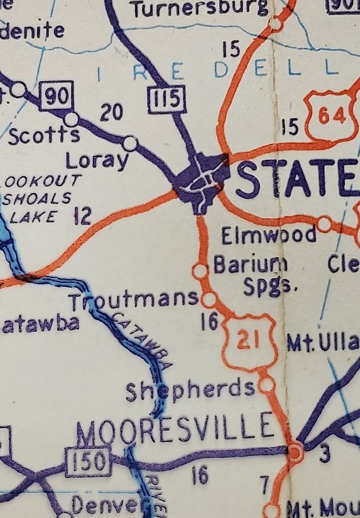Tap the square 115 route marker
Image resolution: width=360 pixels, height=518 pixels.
coord(168,99)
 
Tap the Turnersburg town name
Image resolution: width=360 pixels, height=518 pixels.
coord(200,9)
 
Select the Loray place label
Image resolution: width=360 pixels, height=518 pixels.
coord(97,161)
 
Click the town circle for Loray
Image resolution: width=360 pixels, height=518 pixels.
coord(130,143)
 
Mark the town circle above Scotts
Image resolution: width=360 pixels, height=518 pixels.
coord(72,118)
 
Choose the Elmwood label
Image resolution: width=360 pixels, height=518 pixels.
coord(269,236)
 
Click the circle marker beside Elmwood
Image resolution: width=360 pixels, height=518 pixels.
coord(324,224)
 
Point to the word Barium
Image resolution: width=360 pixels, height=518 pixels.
coord(250,264)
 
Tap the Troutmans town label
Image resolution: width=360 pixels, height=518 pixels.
coord(134,300)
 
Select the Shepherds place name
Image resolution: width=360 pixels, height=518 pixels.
coord(190,390)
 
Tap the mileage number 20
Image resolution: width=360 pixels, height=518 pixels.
coord(111,113)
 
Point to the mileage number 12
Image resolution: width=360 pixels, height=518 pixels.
coord(82,217)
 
